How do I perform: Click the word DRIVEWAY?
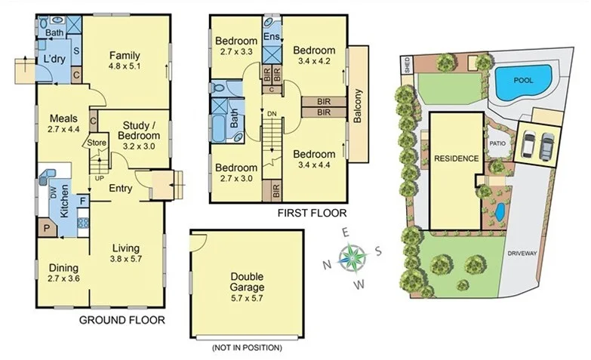[x=522, y=254]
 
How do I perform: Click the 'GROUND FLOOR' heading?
[x=122, y=320]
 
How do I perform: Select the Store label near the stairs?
[x=97, y=142]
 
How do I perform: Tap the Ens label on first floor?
[x=271, y=36]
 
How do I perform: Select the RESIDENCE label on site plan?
[x=456, y=158]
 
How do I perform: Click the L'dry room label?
[x=53, y=58]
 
